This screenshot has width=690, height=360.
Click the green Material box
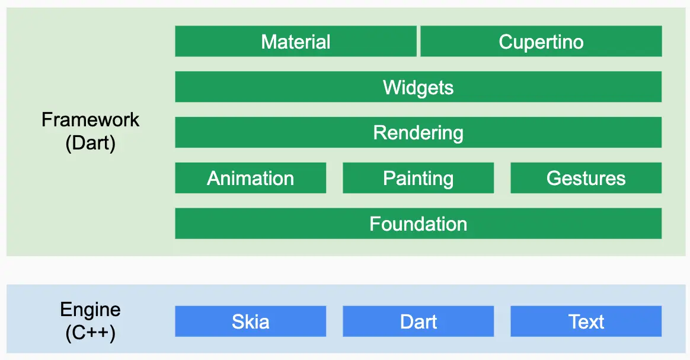point(296,42)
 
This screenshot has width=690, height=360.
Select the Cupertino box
point(541,42)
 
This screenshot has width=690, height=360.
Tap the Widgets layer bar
point(419,87)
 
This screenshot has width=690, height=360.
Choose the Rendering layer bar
point(419,132)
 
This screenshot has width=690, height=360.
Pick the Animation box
point(251,178)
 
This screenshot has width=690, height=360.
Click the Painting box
point(419,178)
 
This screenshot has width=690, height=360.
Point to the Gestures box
point(586,178)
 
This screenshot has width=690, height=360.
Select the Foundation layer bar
point(419,224)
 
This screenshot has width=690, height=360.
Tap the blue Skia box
point(251,321)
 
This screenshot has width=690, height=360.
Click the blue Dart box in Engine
point(419,321)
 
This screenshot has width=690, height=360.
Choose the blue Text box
point(586,321)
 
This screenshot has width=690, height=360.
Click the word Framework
point(91,120)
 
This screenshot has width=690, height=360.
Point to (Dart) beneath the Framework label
point(91,143)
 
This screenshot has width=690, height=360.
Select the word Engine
point(91,310)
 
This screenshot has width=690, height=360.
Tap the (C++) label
point(91,333)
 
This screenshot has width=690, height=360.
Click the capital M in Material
point(269,42)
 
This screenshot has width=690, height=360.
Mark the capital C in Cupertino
point(506,42)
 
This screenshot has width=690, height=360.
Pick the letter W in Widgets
point(392,87)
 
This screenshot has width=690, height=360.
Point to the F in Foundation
point(375,224)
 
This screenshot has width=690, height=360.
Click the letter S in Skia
point(238,321)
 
